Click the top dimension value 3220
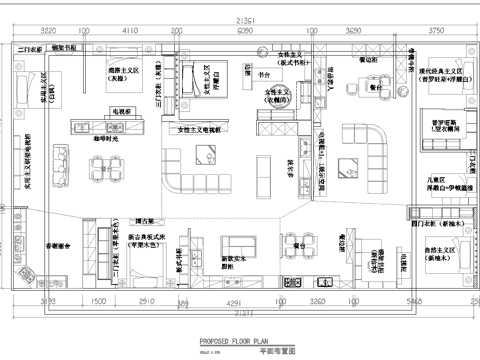coord(47,32)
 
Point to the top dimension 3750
coord(435,32)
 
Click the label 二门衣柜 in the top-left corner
coord(34,47)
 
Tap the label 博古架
coord(145,220)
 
